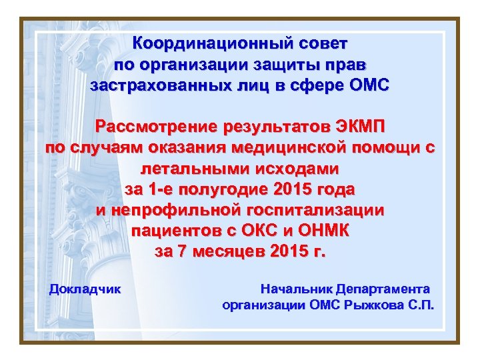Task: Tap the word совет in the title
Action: tap(320, 44)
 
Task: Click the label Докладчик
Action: tap(85, 289)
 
